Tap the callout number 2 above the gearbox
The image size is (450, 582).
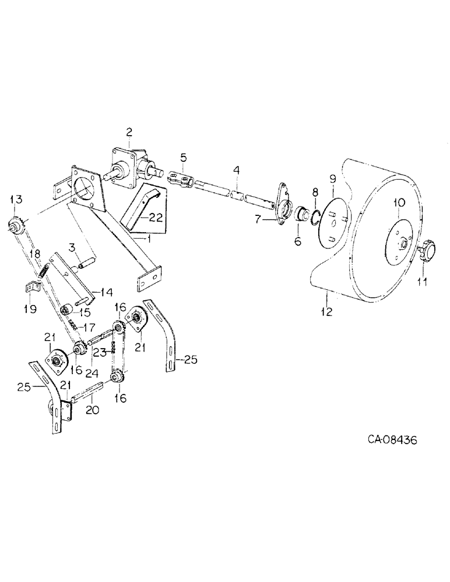129,132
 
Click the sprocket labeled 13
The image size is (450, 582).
15,224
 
